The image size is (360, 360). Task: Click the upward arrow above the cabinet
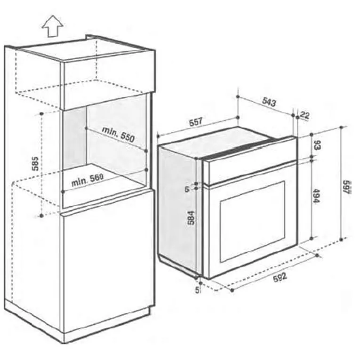click(53, 26)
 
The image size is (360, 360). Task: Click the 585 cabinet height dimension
click(35, 164)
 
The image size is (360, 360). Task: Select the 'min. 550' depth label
click(118, 134)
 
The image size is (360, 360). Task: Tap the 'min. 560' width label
click(88, 180)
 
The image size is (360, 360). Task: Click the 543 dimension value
click(269, 102)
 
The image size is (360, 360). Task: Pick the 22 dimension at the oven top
click(305, 115)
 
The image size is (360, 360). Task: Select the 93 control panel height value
click(317, 144)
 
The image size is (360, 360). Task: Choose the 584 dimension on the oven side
click(191, 217)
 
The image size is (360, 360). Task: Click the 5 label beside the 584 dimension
click(187, 189)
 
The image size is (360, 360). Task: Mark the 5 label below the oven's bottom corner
click(197, 290)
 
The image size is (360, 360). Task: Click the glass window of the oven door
click(253, 221)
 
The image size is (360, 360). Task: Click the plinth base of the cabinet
click(78, 326)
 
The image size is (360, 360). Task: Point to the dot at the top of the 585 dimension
click(41, 114)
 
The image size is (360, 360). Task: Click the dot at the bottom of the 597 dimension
click(341, 240)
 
